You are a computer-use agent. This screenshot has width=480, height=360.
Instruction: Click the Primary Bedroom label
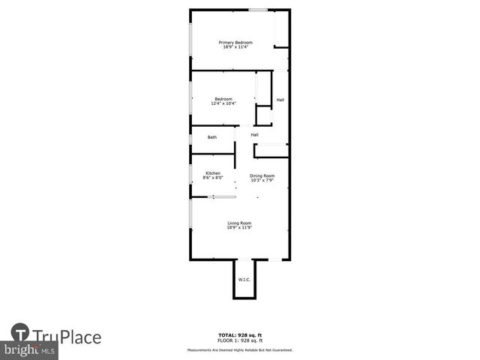coord(235,42)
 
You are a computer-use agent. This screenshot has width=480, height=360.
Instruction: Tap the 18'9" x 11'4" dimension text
coord(235,47)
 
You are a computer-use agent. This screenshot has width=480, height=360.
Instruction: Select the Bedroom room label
coord(223,99)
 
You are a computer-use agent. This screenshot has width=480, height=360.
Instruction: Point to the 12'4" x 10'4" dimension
coord(223,104)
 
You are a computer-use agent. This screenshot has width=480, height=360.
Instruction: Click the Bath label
coord(212,137)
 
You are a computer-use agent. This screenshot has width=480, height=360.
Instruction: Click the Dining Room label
coord(262,175)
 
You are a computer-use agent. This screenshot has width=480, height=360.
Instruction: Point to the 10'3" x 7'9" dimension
coord(262,181)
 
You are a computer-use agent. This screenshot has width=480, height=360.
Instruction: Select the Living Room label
coord(239,223)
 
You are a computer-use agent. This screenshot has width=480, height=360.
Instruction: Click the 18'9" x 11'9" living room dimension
coord(239,228)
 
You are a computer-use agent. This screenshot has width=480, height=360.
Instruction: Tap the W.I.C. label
coord(244,280)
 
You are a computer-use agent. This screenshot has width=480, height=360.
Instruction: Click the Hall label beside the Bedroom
coord(280,100)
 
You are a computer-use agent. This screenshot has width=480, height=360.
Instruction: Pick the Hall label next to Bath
coord(255,135)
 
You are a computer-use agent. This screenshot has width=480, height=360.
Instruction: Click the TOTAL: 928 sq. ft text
coord(240,334)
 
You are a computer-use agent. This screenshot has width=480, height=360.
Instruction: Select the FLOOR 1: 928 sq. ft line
coord(240,340)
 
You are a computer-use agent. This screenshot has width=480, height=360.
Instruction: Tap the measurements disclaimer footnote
coord(240,349)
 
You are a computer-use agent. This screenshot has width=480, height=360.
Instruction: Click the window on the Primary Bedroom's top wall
coord(259,10)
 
